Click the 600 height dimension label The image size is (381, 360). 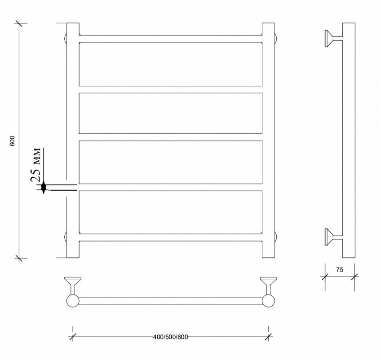click(x=13, y=141)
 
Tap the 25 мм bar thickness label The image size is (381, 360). click(x=35, y=165)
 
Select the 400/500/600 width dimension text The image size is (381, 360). click(x=170, y=337)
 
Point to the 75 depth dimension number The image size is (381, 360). click(x=340, y=270)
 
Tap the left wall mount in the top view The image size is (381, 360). click(x=73, y=285)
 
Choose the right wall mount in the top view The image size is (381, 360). click(x=269, y=285)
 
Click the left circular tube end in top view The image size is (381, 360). click(x=73, y=301)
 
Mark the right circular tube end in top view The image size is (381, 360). click(x=269, y=301)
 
